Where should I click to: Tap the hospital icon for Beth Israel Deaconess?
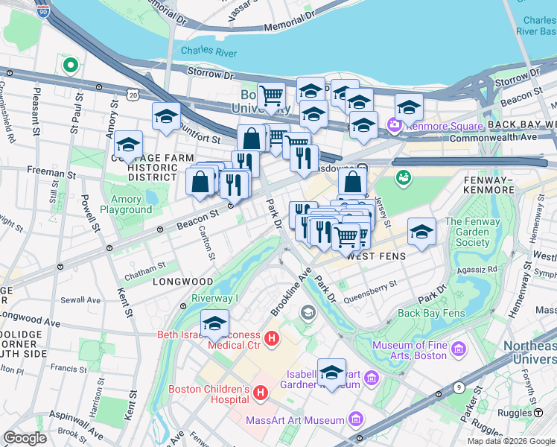coord(272,340)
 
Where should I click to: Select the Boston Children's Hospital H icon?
coord(261,393)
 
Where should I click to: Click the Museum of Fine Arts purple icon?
coord(458,349)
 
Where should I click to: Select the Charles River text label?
coord(209,51)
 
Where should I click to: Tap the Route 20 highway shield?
coord(133,95)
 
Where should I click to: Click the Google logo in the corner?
coord(25,438)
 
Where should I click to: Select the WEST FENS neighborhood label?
coord(378,256)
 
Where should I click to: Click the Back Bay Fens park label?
coord(430,313)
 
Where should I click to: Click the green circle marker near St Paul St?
coord(71,66)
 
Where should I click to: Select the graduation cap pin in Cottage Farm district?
coord(129,145)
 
